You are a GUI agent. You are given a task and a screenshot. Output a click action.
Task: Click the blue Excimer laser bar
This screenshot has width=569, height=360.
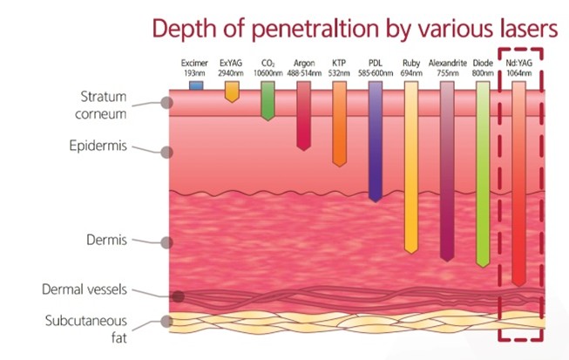[x=196, y=85]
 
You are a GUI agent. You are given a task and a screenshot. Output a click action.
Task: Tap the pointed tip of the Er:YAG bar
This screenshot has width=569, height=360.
[x=232, y=102]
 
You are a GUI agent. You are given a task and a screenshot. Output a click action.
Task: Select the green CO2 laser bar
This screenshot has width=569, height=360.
[x=268, y=100]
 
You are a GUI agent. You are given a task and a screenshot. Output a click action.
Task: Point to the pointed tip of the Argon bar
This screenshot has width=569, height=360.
[x=304, y=150]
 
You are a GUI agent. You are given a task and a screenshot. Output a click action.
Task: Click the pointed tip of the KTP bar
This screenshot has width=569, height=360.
[x=339, y=166]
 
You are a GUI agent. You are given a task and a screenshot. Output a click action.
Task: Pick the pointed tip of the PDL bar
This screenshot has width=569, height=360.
[x=376, y=201]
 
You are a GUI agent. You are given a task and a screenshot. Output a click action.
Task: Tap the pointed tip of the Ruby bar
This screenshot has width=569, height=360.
[x=411, y=253]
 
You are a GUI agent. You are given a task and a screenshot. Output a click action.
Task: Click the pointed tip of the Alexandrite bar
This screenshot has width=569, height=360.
[x=447, y=261]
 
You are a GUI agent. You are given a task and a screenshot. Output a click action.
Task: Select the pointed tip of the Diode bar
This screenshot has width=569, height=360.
[x=483, y=267]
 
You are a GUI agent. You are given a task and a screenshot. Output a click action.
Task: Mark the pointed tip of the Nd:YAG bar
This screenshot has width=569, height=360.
[x=519, y=286]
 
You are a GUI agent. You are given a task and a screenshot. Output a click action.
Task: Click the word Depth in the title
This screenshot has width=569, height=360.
[x=184, y=29]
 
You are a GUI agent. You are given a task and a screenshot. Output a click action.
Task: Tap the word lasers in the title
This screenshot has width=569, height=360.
[x=529, y=28]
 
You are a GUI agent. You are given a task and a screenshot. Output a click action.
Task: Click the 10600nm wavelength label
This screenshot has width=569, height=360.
[x=268, y=73]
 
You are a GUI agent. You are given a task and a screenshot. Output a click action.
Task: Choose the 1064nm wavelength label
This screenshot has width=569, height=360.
[x=519, y=73]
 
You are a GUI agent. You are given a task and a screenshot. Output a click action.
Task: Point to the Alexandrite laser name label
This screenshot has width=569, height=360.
[x=447, y=63]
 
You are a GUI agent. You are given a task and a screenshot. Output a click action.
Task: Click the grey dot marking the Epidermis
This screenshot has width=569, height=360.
[x=166, y=152]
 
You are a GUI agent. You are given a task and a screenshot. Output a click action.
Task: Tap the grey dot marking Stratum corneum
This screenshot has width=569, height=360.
[x=166, y=103]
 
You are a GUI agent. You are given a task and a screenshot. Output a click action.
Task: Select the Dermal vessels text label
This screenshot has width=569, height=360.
[x=85, y=289]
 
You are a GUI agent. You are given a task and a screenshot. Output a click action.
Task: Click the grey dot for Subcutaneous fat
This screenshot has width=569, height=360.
[x=166, y=321]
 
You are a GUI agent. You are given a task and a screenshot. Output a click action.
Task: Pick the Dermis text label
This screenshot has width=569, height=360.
[x=106, y=240]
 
